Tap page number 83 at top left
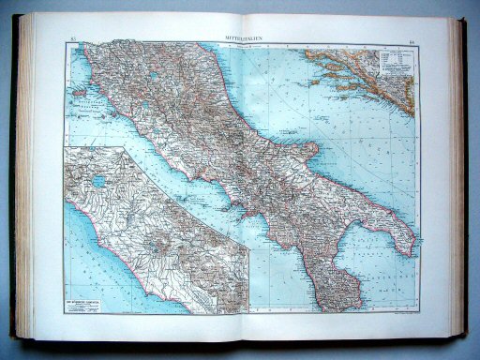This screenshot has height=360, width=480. tap(74, 37)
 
